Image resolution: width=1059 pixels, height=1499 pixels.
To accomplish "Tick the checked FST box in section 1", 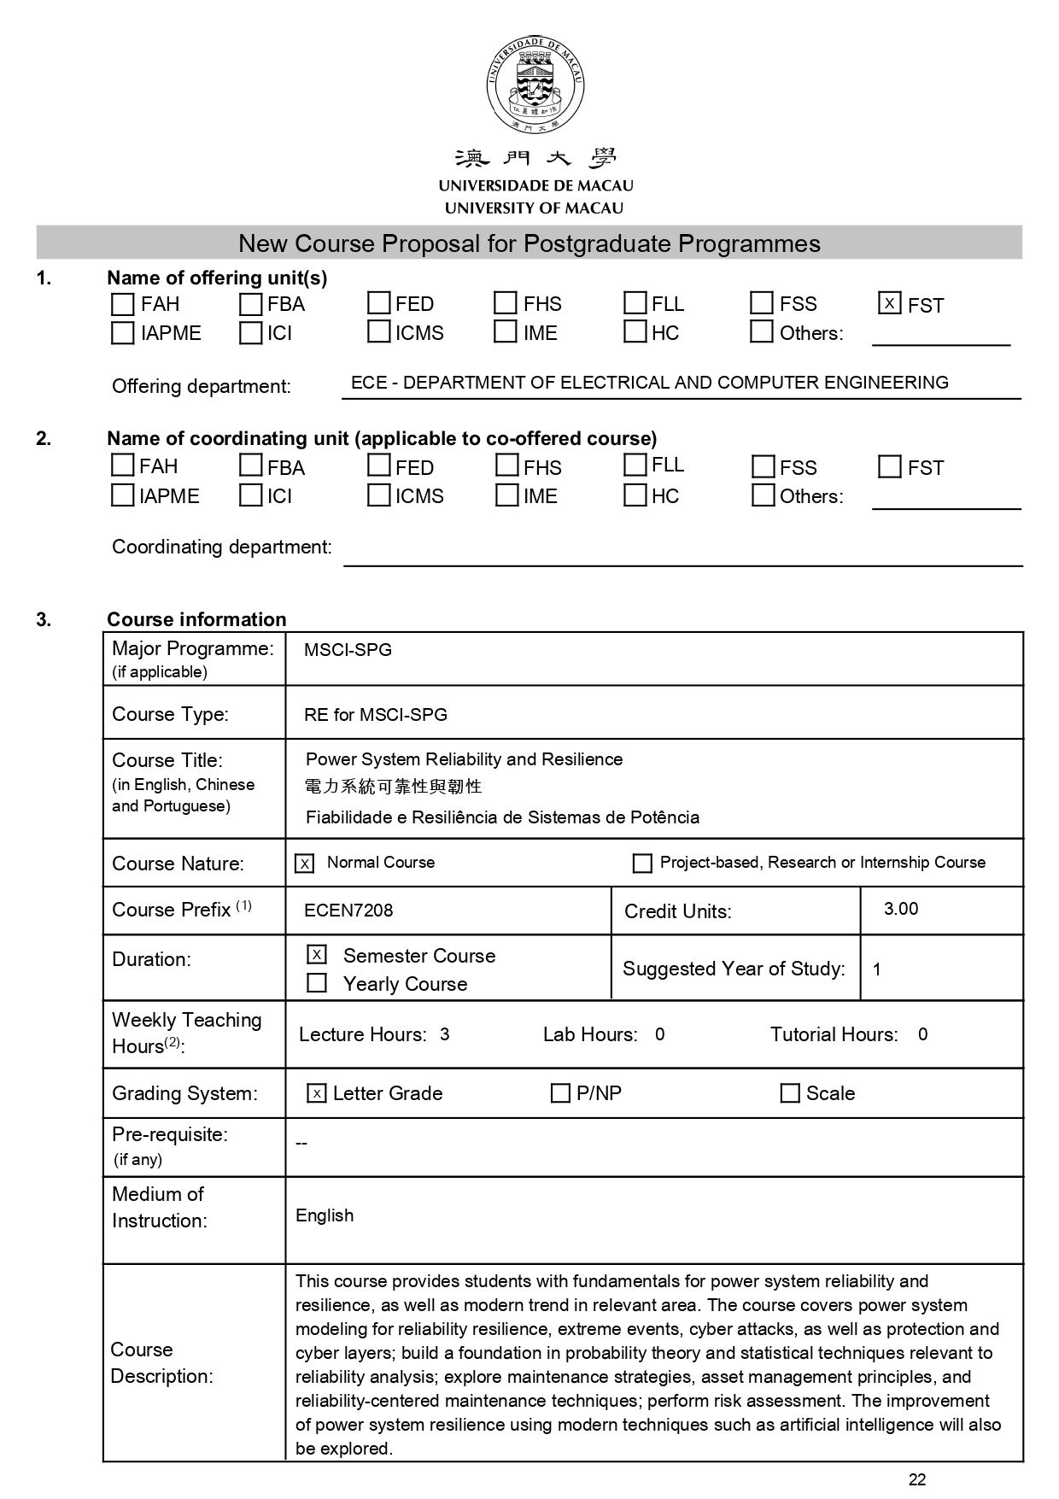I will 889,303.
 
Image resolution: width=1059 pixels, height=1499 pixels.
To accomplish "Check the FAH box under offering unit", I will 123,304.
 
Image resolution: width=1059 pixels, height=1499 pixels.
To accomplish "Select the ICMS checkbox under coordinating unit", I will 378,495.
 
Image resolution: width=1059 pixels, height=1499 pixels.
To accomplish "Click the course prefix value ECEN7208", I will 348,911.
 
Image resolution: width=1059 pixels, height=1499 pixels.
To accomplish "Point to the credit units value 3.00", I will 901,909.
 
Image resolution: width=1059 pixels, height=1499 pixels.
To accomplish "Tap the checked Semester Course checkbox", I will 317,954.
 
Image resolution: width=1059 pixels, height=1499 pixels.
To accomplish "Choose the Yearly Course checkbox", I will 317,983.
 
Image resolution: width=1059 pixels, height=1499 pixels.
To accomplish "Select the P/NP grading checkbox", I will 560,1093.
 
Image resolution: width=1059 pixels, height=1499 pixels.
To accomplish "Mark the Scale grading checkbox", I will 790,1093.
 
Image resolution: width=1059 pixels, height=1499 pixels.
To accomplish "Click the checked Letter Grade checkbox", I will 317,1093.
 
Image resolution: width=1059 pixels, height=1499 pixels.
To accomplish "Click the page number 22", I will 917,1480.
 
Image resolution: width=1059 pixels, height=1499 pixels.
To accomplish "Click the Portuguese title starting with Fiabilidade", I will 502,817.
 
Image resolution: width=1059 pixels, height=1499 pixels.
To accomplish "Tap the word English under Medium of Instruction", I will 325,1215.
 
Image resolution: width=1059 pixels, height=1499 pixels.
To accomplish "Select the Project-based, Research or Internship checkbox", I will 642,864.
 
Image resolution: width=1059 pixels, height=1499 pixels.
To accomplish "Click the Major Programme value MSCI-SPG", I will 348,650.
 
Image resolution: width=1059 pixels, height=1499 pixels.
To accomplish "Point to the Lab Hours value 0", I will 659,1034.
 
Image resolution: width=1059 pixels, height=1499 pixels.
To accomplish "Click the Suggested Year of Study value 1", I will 877,969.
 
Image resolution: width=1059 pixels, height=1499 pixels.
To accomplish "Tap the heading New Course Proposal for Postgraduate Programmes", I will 529,243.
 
